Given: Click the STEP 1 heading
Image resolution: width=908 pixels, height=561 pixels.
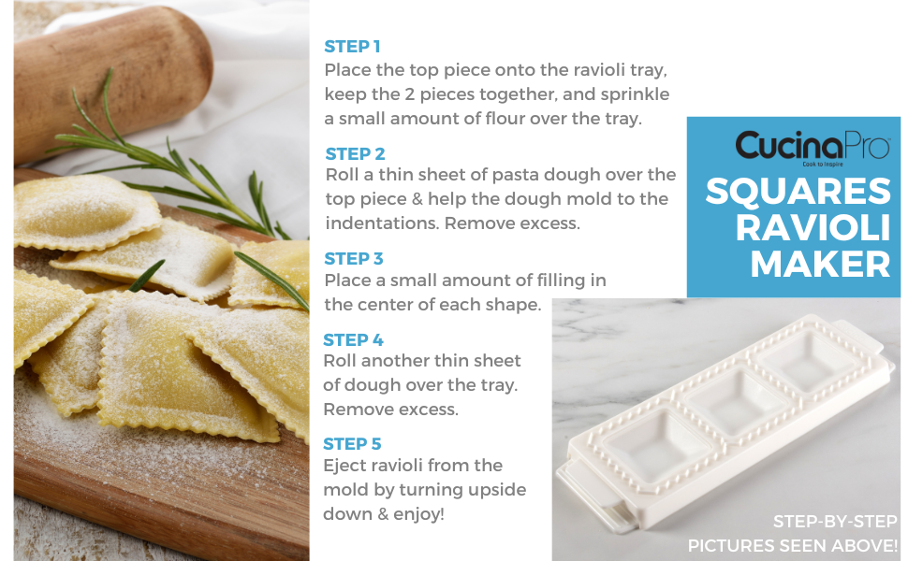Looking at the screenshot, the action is pyautogui.click(x=352, y=46).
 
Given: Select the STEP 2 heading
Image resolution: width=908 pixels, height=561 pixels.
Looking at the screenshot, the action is pyautogui.click(x=355, y=154).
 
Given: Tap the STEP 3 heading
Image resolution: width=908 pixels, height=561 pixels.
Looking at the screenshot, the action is pyautogui.click(x=354, y=258).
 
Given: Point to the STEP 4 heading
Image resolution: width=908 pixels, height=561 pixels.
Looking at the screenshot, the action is pyautogui.click(x=353, y=339).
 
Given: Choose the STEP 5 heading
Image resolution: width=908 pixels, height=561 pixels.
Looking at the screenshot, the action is pyautogui.click(x=352, y=443).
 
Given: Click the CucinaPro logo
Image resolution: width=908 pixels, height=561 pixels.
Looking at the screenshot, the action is pyautogui.click(x=813, y=145).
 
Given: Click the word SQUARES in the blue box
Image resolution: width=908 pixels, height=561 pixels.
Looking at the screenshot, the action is pyautogui.click(x=798, y=191).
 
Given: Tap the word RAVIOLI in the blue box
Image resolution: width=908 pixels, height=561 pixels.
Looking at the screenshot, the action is pyautogui.click(x=813, y=227).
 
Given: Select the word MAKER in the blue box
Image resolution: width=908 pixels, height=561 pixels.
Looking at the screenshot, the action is pyautogui.click(x=821, y=265).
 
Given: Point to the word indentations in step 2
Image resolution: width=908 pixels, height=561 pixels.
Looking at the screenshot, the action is pyautogui.click(x=382, y=223).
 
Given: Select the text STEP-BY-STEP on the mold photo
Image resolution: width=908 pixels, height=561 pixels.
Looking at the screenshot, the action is pyautogui.click(x=835, y=522).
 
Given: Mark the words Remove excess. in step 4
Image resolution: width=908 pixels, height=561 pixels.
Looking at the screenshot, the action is pyautogui.click(x=391, y=410).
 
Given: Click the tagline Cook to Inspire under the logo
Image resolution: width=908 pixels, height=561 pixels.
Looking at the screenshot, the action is pyautogui.click(x=822, y=165).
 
